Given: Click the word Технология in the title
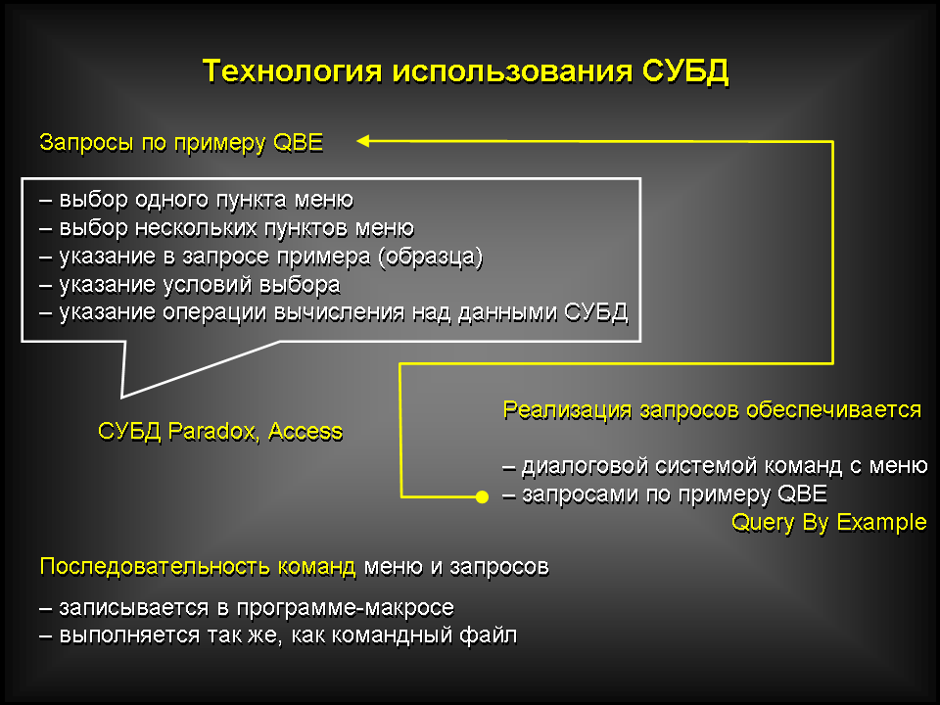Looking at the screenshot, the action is tap(292, 71).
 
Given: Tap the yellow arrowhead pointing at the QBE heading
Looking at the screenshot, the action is tap(363, 141).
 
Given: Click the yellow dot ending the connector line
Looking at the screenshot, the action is tap(482, 497).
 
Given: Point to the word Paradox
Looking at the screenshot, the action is tap(214, 431).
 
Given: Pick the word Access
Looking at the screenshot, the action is tap(305, 431).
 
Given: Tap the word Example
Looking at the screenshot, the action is tap(881, 523).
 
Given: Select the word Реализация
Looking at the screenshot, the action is tap(567, 410).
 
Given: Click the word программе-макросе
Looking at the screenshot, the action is tap(346, 608).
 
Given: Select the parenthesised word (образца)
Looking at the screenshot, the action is tap(430, 257).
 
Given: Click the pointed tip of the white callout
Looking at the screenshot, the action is tap(121, 397).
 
